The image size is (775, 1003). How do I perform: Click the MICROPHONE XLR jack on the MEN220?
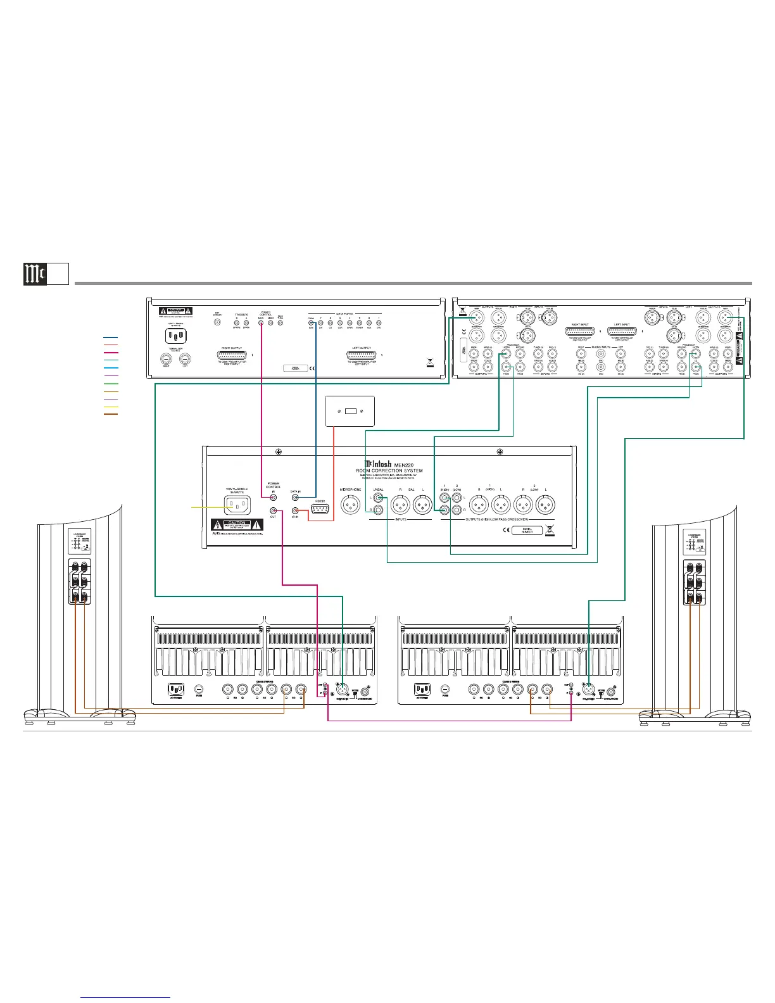pos(351,505)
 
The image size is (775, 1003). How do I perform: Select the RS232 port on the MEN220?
pos(320,510)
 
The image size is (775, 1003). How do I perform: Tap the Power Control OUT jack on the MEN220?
pos(274,510)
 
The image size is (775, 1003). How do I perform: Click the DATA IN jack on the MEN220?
pos(295,498)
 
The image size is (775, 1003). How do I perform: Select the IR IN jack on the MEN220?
pos(295,510)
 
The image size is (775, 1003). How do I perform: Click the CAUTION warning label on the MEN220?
pos(237,525)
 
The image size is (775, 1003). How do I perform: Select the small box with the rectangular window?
pos(350,412)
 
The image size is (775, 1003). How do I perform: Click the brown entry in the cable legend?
pos(110,414)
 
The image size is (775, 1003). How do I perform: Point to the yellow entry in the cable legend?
pos(110,407)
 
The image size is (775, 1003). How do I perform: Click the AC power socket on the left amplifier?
pos(175,690)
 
